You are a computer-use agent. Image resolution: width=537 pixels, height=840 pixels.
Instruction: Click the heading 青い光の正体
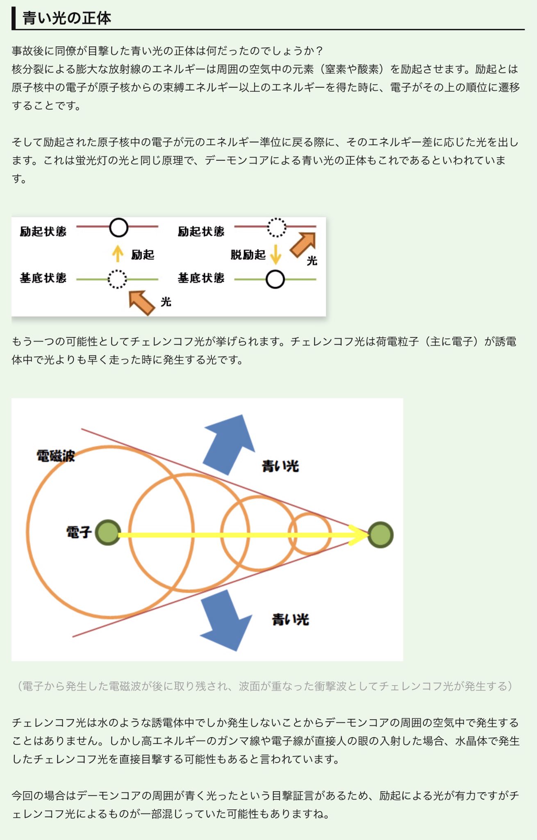pos(66,18)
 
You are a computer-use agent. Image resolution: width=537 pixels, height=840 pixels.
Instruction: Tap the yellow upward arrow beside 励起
pos(118,253)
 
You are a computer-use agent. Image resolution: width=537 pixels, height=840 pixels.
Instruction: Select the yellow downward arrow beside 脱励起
pos(276,254)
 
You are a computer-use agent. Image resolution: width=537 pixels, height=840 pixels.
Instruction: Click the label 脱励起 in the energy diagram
pos(248,255)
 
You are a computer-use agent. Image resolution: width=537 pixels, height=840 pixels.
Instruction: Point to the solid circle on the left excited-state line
pos(118,227)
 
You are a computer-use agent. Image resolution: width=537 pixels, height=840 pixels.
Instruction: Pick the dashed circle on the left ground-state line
pos(117,279)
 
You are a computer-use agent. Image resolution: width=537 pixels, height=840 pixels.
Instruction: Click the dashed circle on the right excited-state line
pos(277,227)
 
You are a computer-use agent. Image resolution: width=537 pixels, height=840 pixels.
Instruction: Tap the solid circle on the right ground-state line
pos(275,280)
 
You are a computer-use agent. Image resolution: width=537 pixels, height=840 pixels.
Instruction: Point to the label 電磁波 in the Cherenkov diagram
pos(55,456)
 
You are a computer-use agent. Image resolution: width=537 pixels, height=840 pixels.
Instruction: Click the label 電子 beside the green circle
pos(79,532)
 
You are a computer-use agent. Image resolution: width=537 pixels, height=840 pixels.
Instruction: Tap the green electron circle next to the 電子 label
pos(108,533)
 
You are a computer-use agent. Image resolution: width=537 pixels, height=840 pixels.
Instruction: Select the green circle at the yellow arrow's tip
pos(380,535)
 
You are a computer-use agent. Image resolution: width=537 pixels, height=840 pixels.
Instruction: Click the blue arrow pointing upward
pos(229,444)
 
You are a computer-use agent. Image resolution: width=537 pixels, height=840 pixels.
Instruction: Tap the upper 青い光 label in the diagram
pos(280,466)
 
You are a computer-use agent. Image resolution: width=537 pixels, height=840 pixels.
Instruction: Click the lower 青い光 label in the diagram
pos(290,619)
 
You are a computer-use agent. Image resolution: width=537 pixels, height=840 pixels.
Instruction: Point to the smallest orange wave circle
pos(310,534)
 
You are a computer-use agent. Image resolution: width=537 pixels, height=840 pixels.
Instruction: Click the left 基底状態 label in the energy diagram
pos(43,278)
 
